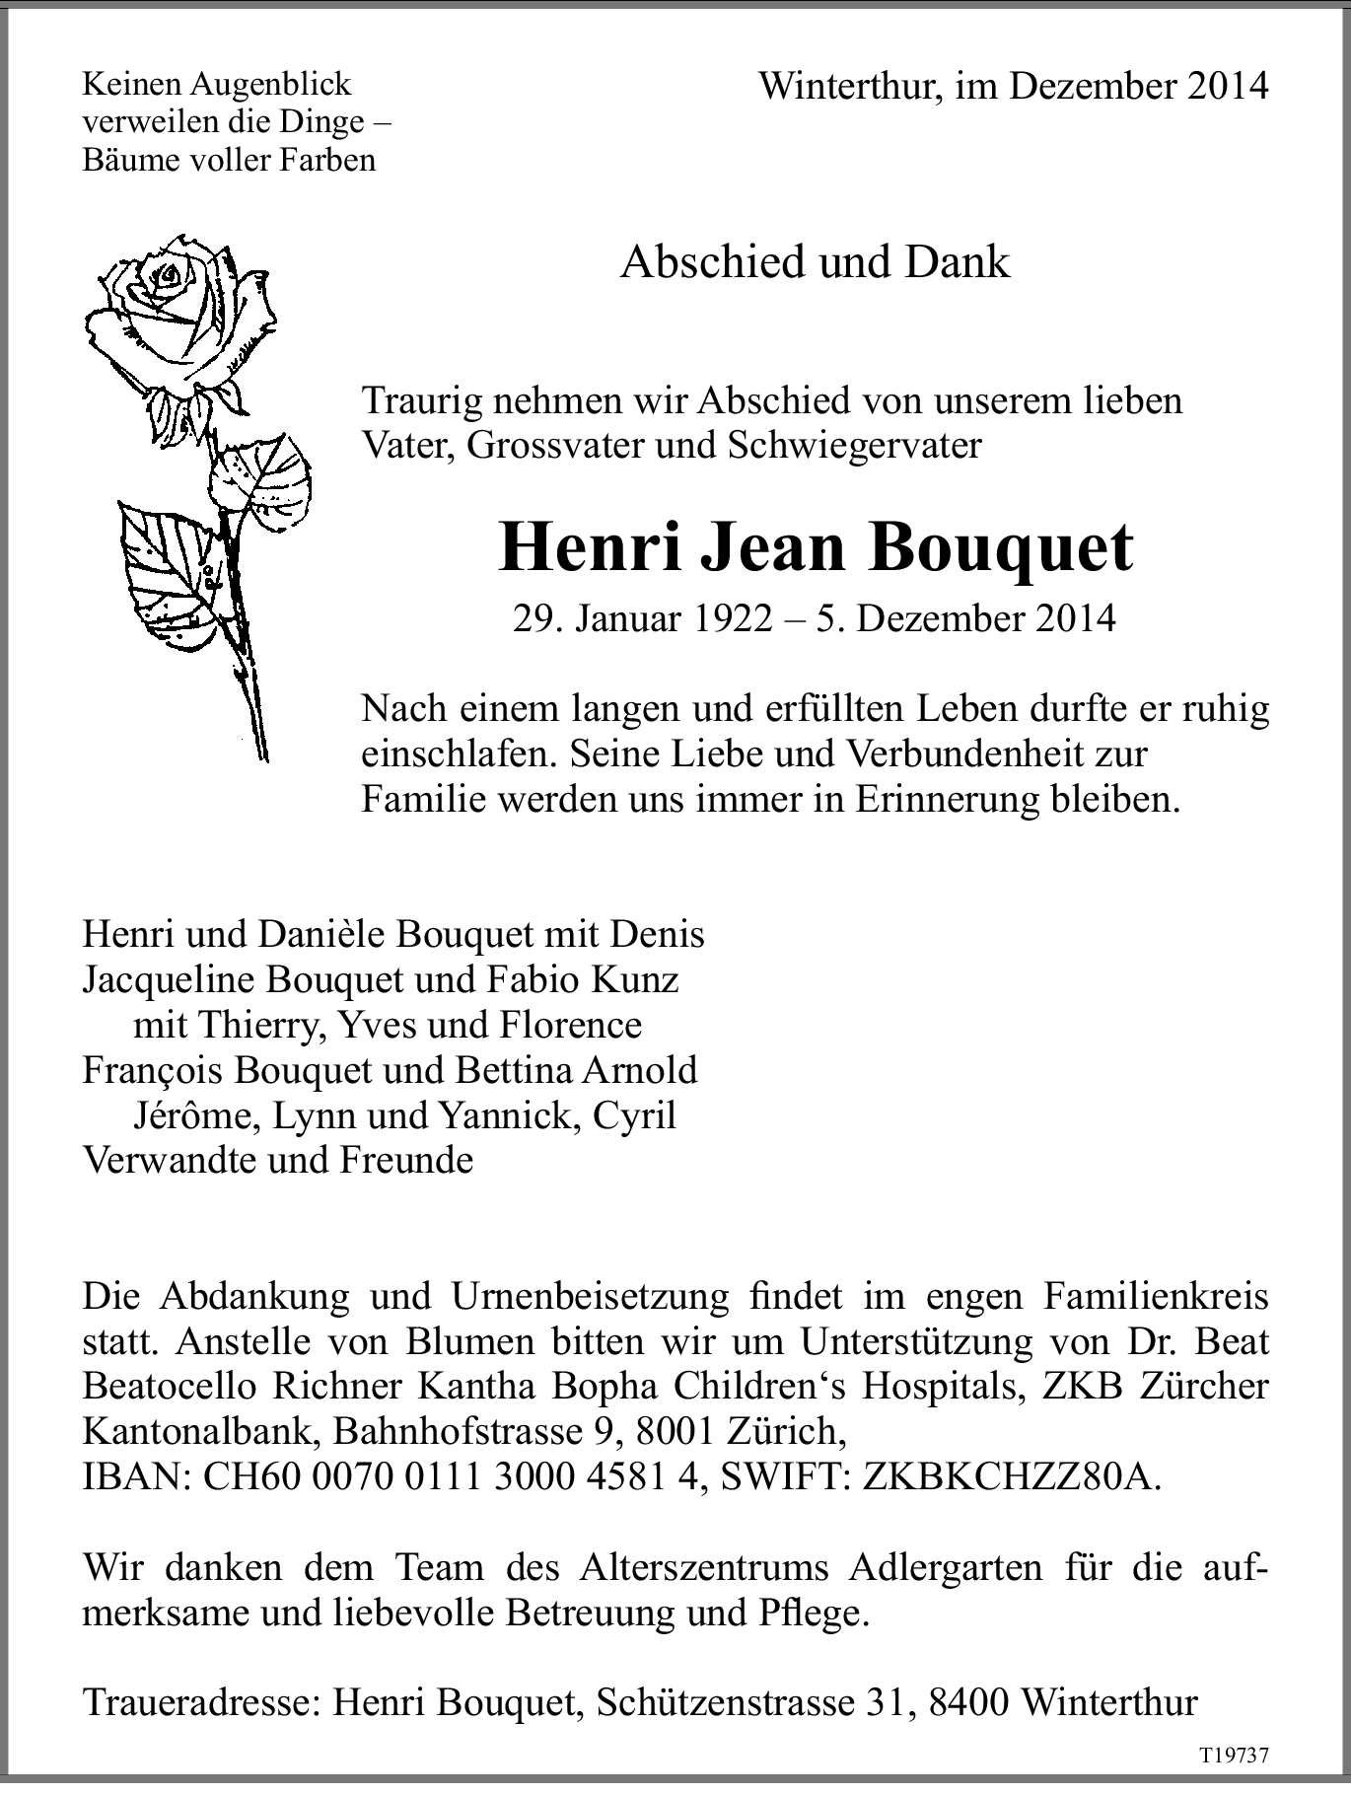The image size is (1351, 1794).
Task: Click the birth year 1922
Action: click(x=732, y=618)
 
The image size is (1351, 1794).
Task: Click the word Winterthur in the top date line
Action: click(x=843, y=87)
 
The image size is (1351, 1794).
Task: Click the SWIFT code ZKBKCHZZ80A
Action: click(x=1011, y=1477)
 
